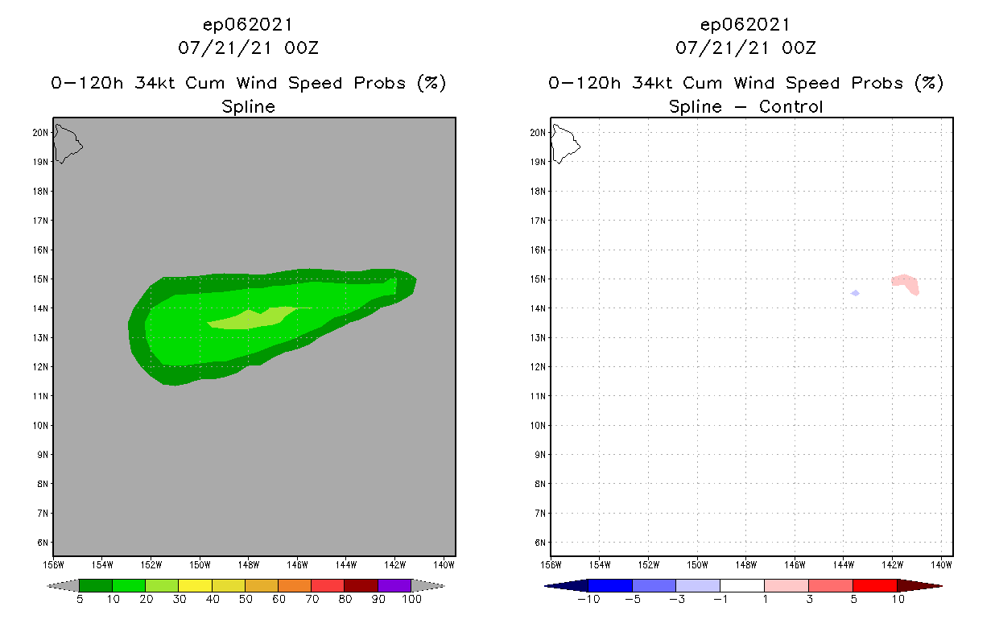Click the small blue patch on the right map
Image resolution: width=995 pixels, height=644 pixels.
[x=855, y=293]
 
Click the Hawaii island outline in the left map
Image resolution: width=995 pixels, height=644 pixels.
[x=67, y=143]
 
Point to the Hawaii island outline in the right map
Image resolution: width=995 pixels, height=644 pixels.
[x=564, y=143]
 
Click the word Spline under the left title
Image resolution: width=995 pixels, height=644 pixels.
[x=248, y=106]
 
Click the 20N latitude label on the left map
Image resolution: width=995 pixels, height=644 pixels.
[x=40, y=132]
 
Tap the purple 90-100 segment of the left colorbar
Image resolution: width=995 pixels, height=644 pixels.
[x=394, y=585]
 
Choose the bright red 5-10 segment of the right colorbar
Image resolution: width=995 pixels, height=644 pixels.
[x=874, y=585]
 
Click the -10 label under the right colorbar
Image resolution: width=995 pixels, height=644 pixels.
[x=589, y=599]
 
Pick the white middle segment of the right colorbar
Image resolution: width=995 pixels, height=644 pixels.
[x=741, y=585]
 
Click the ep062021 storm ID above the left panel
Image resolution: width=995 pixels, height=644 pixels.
[x=248, y=25]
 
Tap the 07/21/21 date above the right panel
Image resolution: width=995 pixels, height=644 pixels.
[x=718, y=47]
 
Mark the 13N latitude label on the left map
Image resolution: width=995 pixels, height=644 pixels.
[x=40, y=337]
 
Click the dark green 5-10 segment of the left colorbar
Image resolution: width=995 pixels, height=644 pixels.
[x=96, y=585]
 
